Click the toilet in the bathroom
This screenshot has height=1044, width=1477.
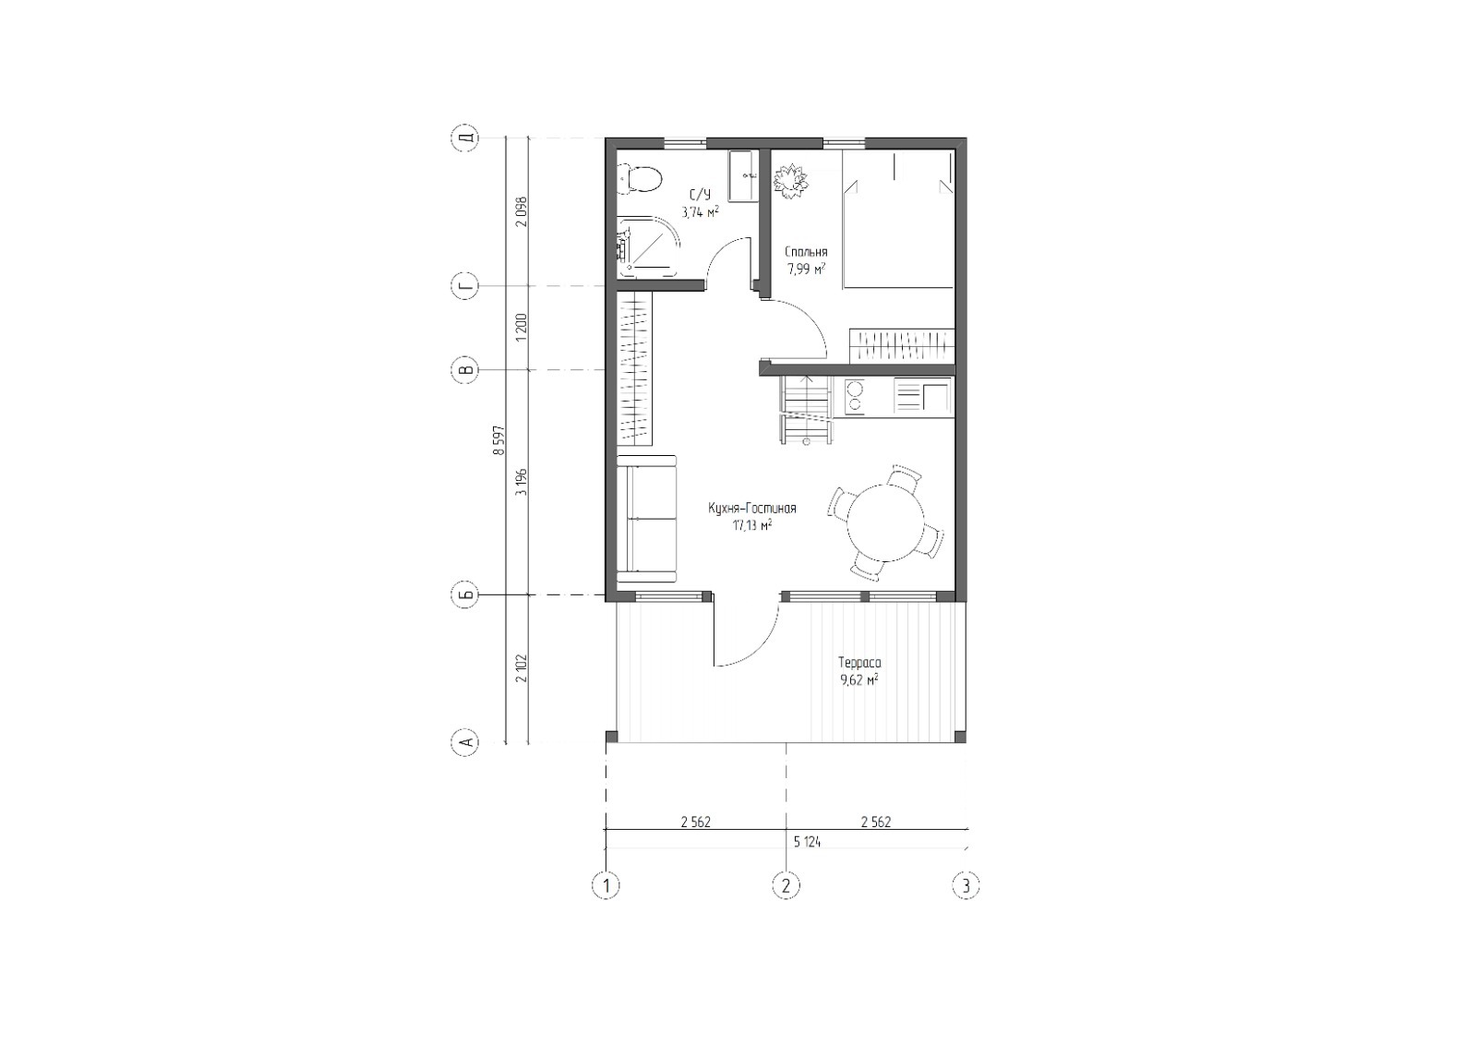(641, 178)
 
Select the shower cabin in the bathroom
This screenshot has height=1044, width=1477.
(648, 248)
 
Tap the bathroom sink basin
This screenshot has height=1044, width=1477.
(743, 176)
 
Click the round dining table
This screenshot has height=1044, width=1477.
(886, 523)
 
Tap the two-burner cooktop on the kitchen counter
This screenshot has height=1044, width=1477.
(855, 396)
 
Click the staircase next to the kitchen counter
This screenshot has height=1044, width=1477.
(805, 410)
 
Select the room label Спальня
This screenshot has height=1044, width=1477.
(806, 252)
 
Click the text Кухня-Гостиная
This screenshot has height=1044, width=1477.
(752, 509)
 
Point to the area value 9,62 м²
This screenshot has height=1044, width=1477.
(859, 680)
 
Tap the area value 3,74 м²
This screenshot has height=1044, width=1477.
(701, 211)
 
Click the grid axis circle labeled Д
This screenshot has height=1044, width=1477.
(466, 138)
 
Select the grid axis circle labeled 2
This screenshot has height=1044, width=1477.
(786, 885)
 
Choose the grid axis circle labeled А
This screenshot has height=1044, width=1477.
(466, 742)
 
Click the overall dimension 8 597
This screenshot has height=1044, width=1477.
(498, 440)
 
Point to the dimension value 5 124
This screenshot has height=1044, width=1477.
(807, 842)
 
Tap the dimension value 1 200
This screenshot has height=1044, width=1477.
(522, 327)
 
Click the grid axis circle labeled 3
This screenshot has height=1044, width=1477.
(966, 885)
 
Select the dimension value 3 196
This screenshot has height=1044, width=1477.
(522, 482)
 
